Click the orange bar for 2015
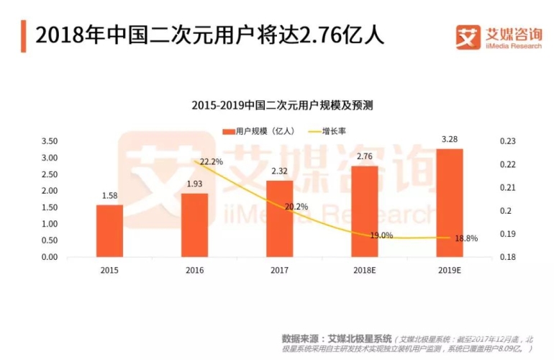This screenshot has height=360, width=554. (109, 231)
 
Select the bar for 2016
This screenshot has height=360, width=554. (194, 225)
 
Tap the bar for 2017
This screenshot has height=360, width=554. (279, 219)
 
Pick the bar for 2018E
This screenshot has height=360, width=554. (364, 212)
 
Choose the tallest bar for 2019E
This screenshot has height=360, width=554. (449, 203)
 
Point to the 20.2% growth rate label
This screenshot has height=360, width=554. (296, 207)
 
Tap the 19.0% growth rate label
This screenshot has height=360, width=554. (381, 235)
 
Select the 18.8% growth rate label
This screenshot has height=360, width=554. (466, 238)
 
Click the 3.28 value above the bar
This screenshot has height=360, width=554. (449, 139)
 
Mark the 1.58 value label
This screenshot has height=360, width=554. (109, 195)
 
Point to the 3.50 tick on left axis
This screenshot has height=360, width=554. (49, 141)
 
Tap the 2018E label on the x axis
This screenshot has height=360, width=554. (364, 270)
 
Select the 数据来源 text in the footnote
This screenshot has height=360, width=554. (301, 338)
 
